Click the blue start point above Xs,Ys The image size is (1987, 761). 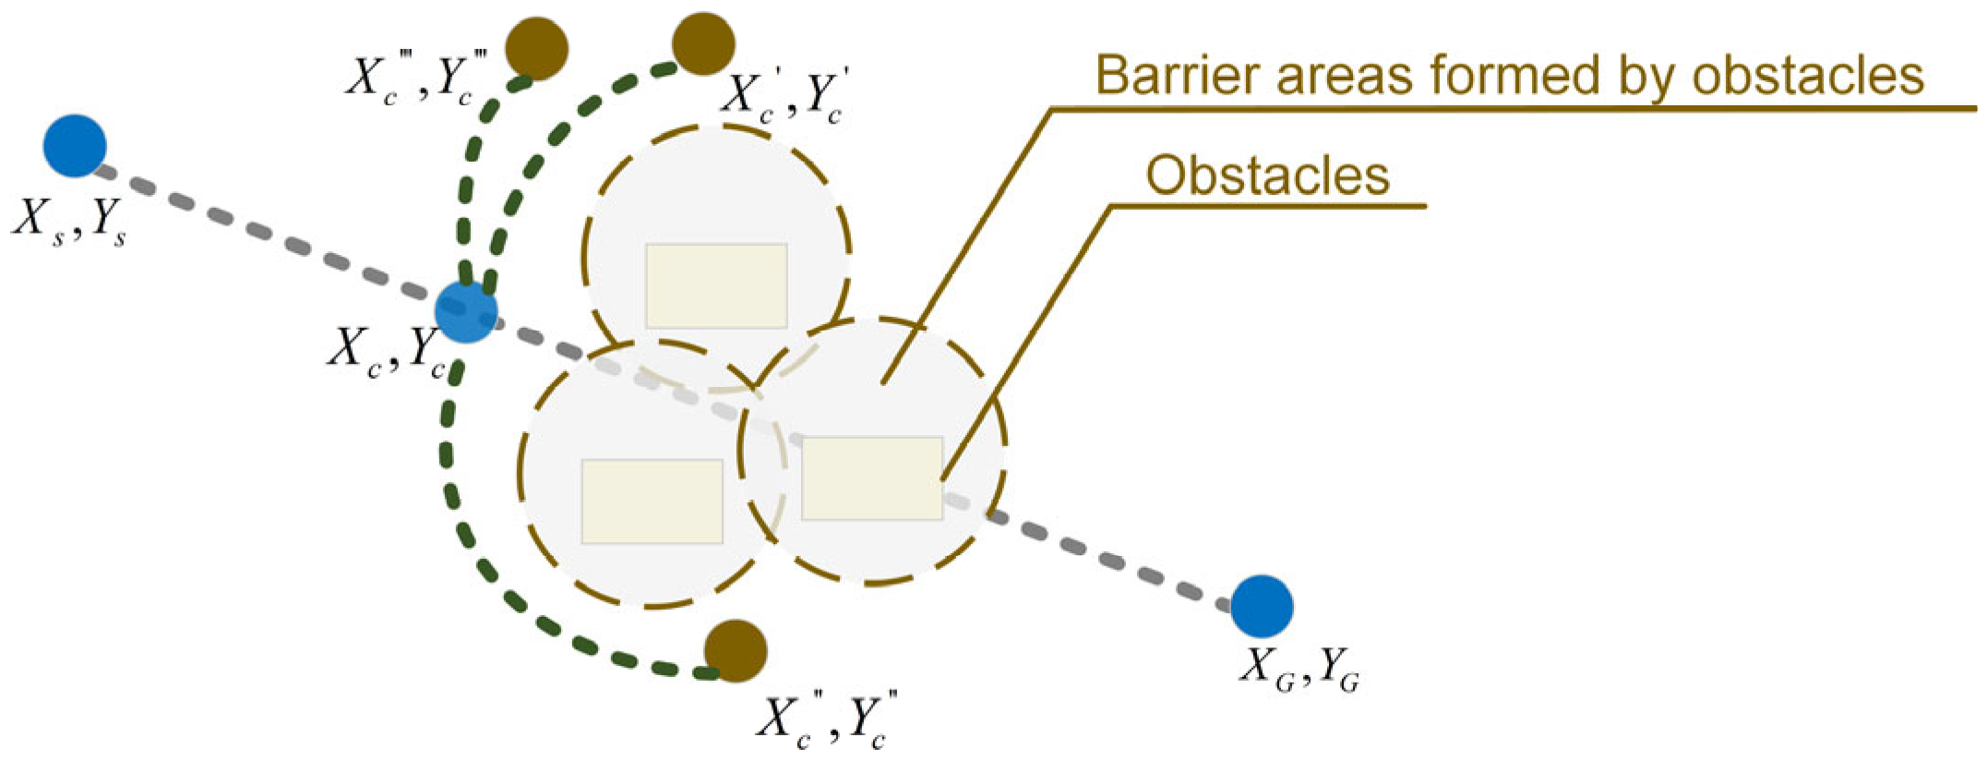pyautogui.click(x=75, y=146)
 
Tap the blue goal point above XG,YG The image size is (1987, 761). pyautogui.click(x=1262, y=607)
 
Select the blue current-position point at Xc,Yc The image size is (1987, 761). pyautogui.click(x=466, y=312)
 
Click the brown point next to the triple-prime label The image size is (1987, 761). pyautogui.click(x=537, y=48)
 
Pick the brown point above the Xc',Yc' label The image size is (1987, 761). pyautogui.click(x=703, y=43)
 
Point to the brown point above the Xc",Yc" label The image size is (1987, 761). pyautogui.click(x=736, y=651)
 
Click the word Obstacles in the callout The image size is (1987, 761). pyautogui.click(x=1267, y=175)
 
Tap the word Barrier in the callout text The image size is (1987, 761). pyautogui.click(x=1161, y=76)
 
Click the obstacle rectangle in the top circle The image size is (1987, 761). pyautogui.click(x=716, y=285)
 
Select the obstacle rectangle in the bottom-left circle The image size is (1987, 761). pyautogui.click(x=652, y=501)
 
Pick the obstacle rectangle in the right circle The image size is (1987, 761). pyautogui.click(x=871, y=478)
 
